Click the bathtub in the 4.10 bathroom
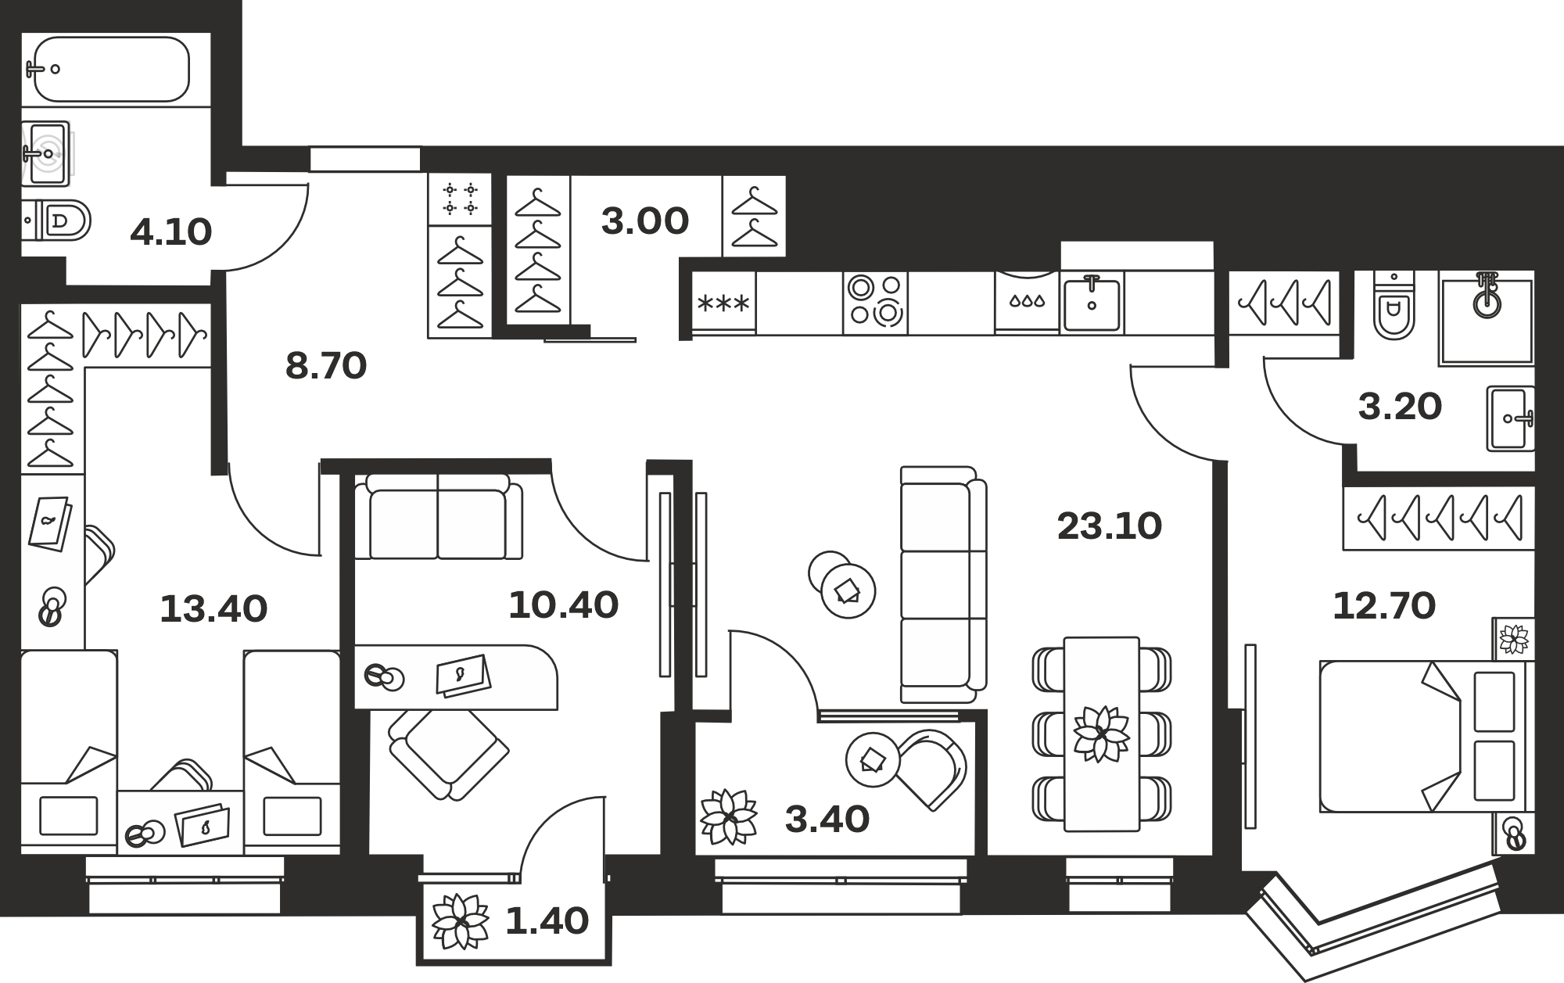(110, 69)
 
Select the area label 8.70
(326, 366)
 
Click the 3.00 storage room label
(645, 221)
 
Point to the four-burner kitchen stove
(875, 302)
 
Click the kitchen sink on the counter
(1092, 302)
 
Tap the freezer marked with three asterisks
(724, 302)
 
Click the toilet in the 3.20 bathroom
(1394, 305)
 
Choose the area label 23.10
(1109, 526)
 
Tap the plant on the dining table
(1101, 733)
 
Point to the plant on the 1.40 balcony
(461, 920)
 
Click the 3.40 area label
(827, 820)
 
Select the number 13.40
(213, 609)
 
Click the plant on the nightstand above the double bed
(1514, 639)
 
